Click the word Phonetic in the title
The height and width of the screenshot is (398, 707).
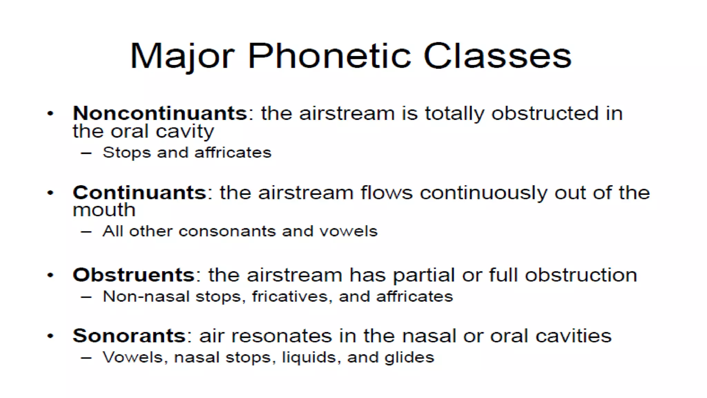(x=329, y=56)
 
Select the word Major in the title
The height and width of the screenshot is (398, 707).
(x=182, y=56)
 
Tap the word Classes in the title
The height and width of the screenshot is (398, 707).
(x=497, y=56)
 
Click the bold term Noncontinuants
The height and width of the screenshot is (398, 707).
(x=160, y=113)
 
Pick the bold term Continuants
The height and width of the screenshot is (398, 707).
(x=139, y=192)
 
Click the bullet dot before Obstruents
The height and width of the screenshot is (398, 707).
(x=50, y=275)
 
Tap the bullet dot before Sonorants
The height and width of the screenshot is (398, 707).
(x=50, y=336)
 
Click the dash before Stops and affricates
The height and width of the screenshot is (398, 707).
(x=86, y=153)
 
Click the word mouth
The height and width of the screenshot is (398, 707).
(x=104, y=210)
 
